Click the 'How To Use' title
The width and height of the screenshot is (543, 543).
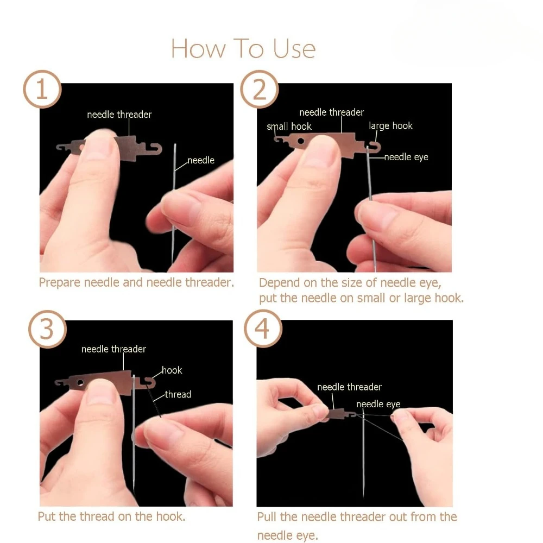point(243,48)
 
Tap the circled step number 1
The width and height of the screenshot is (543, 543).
point(42,89)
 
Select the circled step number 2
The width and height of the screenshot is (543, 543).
point(260,89)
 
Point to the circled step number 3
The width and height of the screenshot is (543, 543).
point(47,329)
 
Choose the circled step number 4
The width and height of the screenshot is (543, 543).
point(263,329)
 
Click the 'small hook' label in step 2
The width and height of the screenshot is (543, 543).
point(289,127)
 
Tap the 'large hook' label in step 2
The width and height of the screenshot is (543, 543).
point(390,126)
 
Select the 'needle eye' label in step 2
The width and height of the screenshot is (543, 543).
point(406,157)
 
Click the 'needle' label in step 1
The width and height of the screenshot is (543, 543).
point(201,160)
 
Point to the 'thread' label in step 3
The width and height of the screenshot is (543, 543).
point(178,394)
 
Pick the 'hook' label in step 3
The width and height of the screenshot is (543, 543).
point(172,370)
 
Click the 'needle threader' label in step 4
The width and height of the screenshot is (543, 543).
point(349,387)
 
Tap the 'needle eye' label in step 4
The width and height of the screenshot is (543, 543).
point(378,404)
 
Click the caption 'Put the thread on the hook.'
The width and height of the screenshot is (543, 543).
point(111,516)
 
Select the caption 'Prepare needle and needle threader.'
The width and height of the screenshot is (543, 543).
point(136,282)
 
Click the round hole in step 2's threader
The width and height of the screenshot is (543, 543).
point(301,141)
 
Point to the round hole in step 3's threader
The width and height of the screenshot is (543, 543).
point(80,383)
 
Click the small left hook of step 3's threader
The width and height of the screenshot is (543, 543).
point(60,382)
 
